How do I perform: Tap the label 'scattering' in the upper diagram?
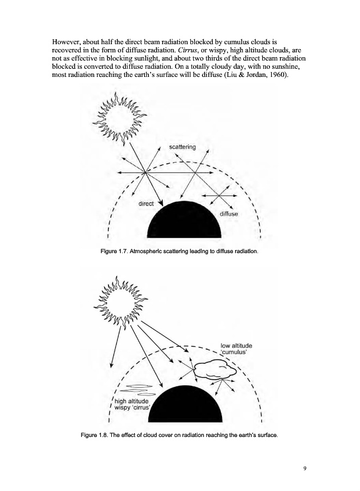pos(183,147)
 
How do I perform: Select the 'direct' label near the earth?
pos(146,203)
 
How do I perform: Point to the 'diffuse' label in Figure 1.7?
pos(229,213)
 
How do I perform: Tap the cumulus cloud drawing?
pos(215,372)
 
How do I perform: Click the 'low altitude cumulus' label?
pos(236,349)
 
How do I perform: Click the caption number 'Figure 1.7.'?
pos(113,252)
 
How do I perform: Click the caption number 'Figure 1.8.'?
pos(96,434)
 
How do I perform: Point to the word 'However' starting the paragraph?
pos(68,41)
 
